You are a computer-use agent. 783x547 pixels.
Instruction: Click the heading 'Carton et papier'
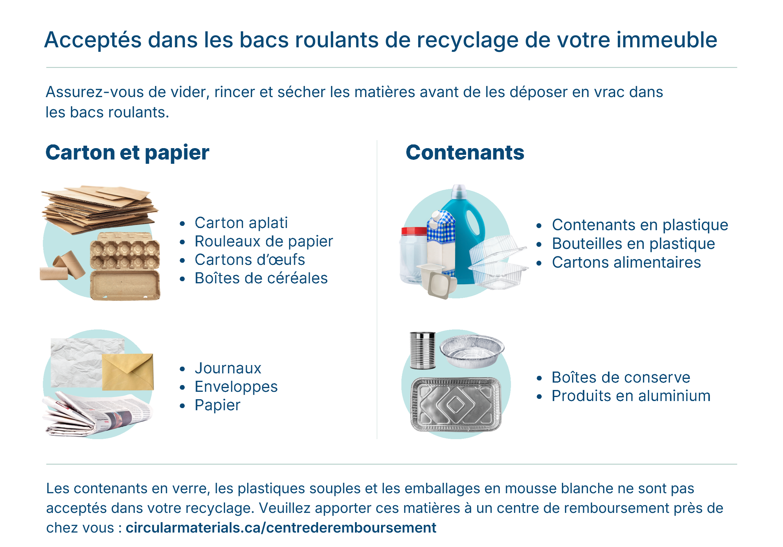(127, 152)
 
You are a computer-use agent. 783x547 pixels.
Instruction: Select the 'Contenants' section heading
(465, 152)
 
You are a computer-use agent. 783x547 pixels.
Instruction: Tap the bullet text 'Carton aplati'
(241, 223)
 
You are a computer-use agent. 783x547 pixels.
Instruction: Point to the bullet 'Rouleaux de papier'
(264, 242)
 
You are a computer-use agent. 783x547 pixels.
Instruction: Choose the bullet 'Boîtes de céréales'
(261, 278)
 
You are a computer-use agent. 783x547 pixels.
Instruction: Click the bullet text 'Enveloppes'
(236, 387)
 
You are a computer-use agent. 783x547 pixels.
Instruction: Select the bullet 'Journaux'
(228, 368)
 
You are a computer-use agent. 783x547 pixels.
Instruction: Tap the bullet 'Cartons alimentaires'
(626, 262)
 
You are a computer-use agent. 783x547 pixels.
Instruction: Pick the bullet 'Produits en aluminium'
(631, 396)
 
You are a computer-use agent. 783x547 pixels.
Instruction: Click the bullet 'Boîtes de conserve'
(621, 377)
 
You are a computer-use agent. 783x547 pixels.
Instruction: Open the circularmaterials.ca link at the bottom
(281, 528)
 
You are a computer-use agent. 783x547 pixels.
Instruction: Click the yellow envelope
(128, 372)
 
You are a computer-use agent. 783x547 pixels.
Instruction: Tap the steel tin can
(423, 350)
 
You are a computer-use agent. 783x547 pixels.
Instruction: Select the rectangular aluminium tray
(456, 404)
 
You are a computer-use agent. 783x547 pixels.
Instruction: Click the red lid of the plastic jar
(414, 231)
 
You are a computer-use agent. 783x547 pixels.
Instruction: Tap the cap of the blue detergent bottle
(459, 191)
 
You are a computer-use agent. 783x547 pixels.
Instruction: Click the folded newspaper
(97, 414)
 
